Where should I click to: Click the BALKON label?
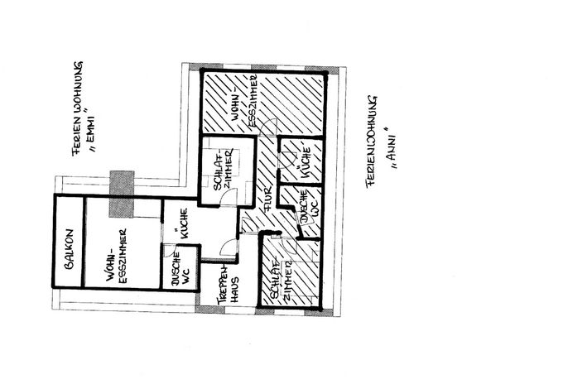[70, 249]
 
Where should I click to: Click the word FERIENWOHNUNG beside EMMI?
[77, 108]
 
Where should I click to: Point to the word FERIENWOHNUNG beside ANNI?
[372, 142]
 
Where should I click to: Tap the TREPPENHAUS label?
[229, 286]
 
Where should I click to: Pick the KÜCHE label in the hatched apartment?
[305, 162]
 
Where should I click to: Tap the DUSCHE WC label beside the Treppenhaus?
[180, 269]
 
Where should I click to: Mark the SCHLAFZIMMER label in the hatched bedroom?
[281, 279]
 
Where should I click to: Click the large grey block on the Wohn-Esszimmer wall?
[122, 194]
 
